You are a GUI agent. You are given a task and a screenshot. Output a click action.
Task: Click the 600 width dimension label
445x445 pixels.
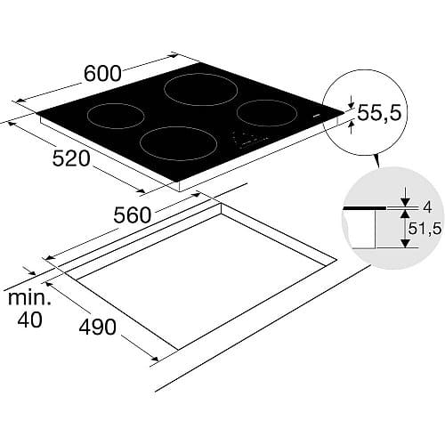click(x=102, y=73)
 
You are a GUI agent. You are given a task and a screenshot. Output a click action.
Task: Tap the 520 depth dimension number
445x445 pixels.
click(x=71, y=158)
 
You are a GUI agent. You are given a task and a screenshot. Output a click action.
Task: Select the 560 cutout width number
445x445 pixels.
click(x=133, y=215)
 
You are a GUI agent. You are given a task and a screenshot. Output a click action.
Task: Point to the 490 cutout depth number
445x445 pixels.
click(x=97, y=327)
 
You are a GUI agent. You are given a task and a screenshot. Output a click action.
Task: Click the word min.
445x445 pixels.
click(x=29, y=297)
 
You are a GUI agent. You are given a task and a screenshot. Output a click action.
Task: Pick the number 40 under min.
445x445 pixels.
click(x=29, y=320)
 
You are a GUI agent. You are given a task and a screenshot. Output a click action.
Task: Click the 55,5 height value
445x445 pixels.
click(x=379, y=113)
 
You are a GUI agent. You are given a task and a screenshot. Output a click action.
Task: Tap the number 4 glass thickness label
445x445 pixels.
click(x=427, y=207)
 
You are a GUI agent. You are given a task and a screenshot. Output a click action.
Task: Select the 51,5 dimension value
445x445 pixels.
click(x=425, y=229)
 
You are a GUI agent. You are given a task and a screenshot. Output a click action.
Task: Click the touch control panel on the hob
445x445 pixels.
click(x=251, y=139)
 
